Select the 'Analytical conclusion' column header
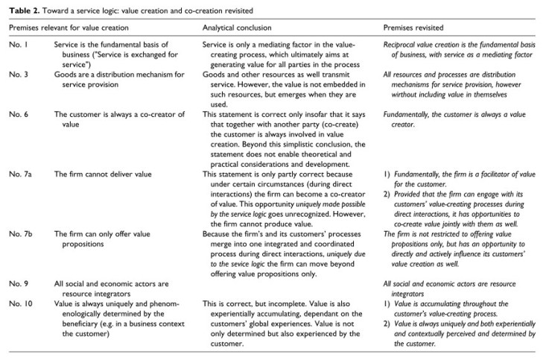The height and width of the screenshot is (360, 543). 232,27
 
